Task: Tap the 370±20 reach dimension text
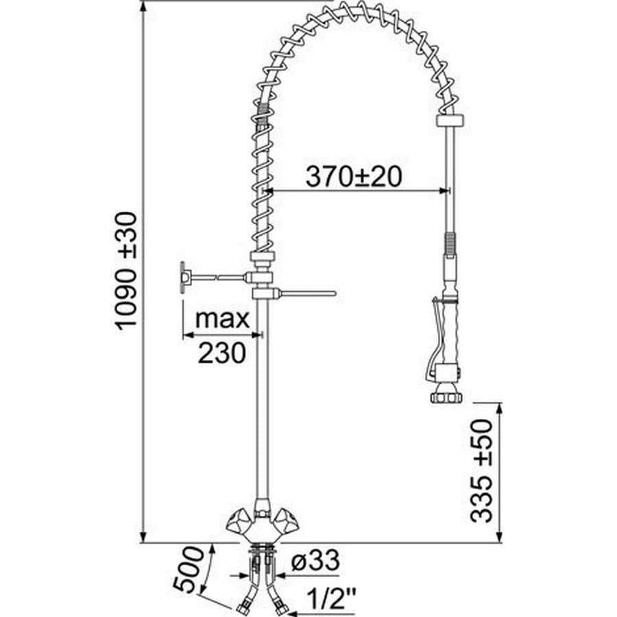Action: click(x=354, y=176)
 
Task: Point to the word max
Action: click(x=222, y=318)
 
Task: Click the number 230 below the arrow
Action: click(x=221, y=352)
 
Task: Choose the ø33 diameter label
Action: click(x=315, y=560)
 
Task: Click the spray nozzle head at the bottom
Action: click(x=446, y=395)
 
